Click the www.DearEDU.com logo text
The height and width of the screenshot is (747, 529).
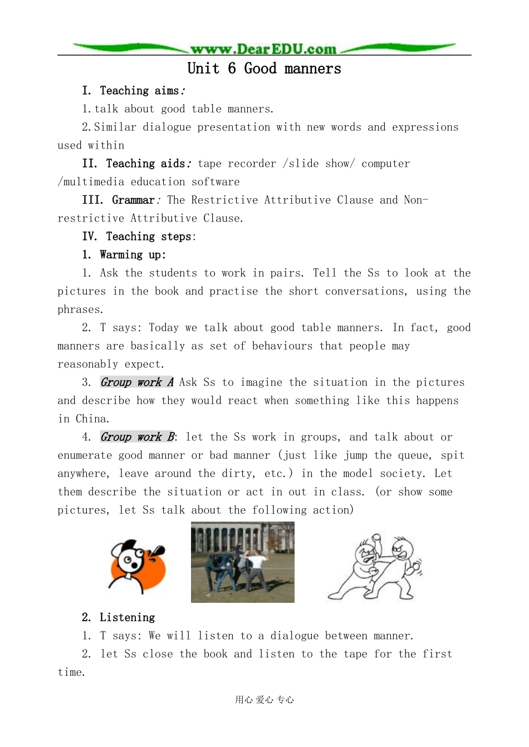(263, 49)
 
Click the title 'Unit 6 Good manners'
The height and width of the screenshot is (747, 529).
(264, 68)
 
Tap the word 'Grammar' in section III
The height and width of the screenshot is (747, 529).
(133, 200)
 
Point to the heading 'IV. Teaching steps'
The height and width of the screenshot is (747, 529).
(139, 237)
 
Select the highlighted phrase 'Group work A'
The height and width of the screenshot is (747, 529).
(137, 382)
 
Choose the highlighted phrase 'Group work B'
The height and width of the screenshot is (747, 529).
(138, 437)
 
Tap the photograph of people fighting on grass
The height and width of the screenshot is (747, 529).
(242, 562)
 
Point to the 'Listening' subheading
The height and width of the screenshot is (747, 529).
(127, 617)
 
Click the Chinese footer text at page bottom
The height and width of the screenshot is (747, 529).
(264, 700)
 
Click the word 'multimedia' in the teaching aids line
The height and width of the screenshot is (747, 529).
(94, 182)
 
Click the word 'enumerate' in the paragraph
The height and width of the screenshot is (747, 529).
(85, 456)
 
